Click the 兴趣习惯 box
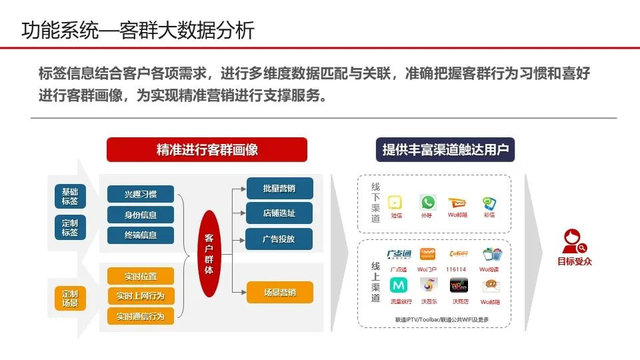pos(141,194)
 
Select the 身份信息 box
pos(141,215)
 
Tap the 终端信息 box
pos(141,235)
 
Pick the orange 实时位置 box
pos(141,276)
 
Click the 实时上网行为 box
pos(141,295)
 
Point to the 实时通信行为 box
pos(141,315)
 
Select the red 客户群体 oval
pos(209,254)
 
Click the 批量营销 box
pos(279,189)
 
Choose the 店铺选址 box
pos(279,213)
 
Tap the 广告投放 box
pos(279,239)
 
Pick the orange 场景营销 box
pos(279,292)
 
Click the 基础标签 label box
pos(70,196)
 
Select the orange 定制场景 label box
pos(70,298)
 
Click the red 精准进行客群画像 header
pos(207,149)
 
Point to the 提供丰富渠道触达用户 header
pos(445,149)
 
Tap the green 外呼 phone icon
pos(427,202)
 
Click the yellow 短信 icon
pos(396,203)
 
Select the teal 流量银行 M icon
pos(398,285)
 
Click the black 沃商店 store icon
pos(459,285)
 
